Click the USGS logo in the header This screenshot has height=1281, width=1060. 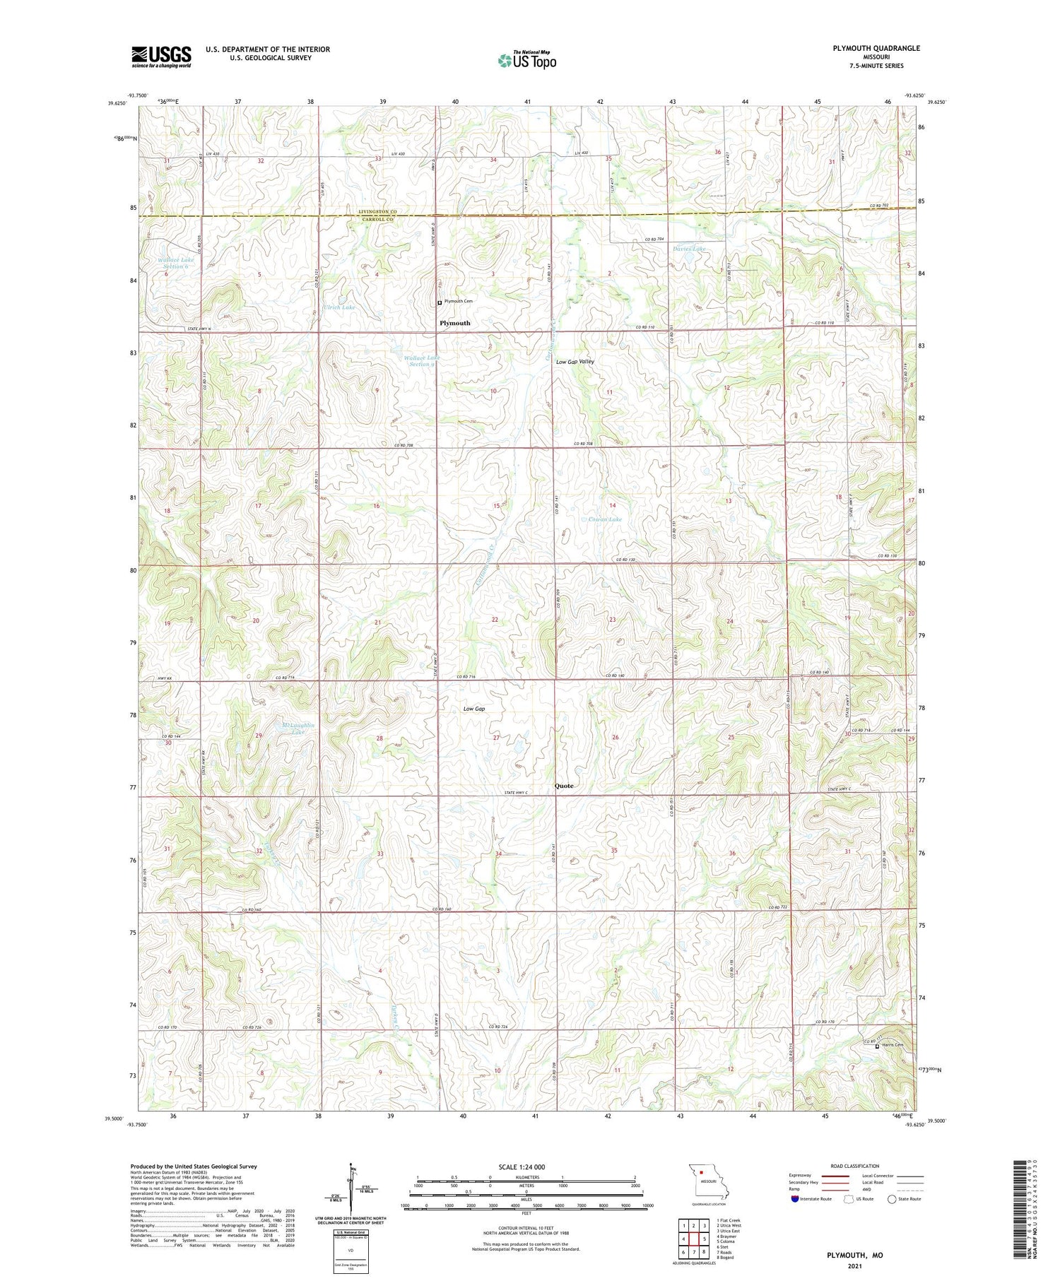pyautogui.click(x=161, y=57)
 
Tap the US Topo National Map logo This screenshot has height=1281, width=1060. pyautogui.click(x=527, y=60)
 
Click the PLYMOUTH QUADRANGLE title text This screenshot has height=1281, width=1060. pyautogui.click(x=876, y=48)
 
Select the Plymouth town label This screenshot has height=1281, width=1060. pyautogui.click(x=454, y=323)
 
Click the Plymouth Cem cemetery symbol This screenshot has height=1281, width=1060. pyautogui.click(x=440, y=302)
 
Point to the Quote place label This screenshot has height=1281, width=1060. pyautogui.click(x=564, y=786)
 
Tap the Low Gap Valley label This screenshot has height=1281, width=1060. pyautogui.click(x=575, y=362)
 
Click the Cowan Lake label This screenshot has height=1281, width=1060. pyautogui.click(x=605, y=519)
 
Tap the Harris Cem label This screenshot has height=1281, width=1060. pyautogui.click(x=893, y=1046)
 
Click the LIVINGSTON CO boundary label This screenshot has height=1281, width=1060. pyautogui.click(x=377, y=212)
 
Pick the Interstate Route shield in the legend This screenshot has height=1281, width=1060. pyautogui.click(x=795, y=1198)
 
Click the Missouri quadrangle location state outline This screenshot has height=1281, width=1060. pyautogui.click(x=708, y=1181)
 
